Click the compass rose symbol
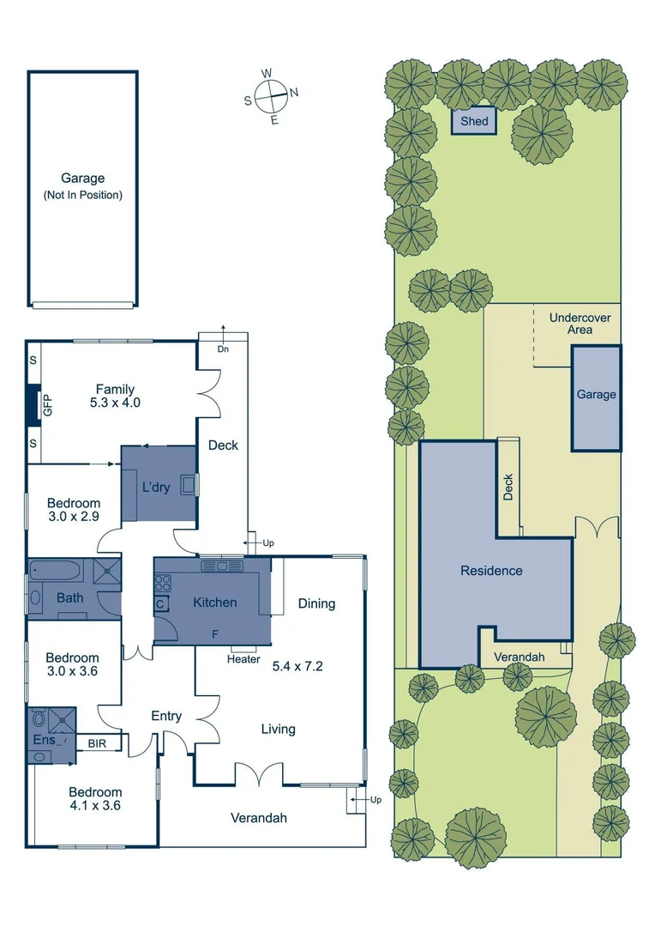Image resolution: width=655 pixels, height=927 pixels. [x=272, y=95]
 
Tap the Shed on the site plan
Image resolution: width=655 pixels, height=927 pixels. [x=474, y=121]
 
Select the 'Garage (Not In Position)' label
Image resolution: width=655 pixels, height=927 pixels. [x=82, y=186]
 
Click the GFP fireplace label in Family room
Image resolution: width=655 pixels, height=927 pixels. [x=48, y=405]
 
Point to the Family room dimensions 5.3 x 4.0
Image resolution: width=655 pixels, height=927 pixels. [x=115, y=402]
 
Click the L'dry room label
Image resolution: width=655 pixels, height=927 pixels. [x=157, y=487]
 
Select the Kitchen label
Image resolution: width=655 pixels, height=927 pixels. [x=214, y=603]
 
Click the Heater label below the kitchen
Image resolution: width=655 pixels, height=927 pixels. [x=243, y=659]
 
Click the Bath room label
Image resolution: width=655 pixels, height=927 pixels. [x=70, y=597]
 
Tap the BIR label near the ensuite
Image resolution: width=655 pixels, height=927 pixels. [x=97, y=743]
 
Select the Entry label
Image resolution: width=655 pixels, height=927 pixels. [x=165, y=716]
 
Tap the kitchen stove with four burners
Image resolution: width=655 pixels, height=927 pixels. [x=162, y=581]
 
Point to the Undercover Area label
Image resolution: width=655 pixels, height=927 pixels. [x=580, y=324]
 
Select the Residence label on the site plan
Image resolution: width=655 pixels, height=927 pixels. [x=491, y=570]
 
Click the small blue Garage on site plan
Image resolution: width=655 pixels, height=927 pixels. [x=596, y=395]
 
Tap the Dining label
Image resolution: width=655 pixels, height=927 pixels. [x=316, y=603]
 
